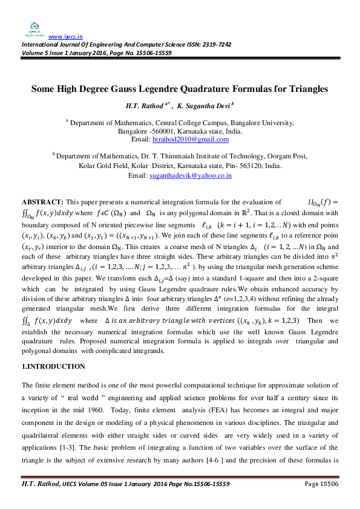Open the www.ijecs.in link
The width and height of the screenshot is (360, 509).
click(x=65, y=36)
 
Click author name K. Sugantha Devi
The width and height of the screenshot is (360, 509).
click(x=197, y=106)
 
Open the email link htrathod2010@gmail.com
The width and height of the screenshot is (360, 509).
click(x=191, y=140)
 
